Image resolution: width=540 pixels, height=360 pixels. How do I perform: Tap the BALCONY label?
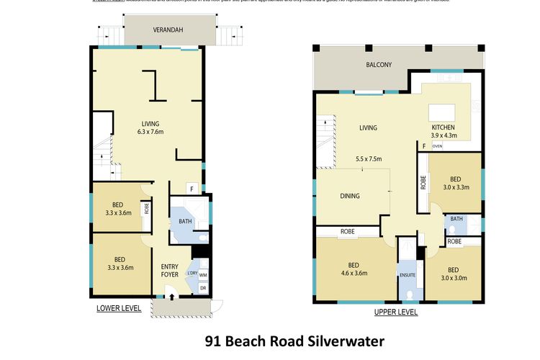(x=378, y=65)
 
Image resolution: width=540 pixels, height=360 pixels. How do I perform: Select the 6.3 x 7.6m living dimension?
(x=150, y=132)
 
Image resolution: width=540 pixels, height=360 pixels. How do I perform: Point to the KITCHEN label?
(x=443, y=127)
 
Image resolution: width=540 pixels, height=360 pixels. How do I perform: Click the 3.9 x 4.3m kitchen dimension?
(x=443, y=136)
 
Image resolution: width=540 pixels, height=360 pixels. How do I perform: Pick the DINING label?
(x=349, y=196)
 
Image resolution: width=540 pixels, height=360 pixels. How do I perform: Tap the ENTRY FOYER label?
(x=170, y=271)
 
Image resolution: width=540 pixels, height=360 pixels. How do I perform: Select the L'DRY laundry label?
(x=192, y=274)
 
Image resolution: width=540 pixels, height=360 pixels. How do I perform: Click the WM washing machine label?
(x=203, y=274)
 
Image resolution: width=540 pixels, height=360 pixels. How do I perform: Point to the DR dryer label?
(x=203, y=288)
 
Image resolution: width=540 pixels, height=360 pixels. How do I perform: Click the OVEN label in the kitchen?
(x=437, y=145)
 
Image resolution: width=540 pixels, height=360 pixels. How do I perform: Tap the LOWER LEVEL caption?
(x=119, y=308)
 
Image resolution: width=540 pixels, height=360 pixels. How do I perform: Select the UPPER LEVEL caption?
(x=396, y=312)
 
